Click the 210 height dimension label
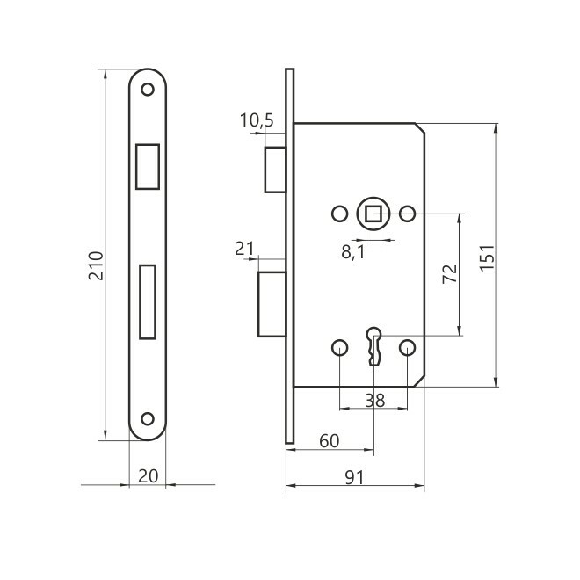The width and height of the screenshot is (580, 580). (x=96, y=265)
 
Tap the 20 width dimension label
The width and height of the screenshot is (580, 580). (x=148, y=476)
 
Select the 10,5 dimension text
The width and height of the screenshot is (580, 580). (x=257, y=120)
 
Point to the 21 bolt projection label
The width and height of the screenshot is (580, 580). (x=244, y=249)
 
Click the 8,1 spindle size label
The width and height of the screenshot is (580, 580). (x=353, y=252)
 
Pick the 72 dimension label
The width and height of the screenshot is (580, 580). (x=450, y=274)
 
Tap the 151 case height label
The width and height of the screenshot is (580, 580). (x=487, y=257)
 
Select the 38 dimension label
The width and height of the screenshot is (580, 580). (x=374, y=400)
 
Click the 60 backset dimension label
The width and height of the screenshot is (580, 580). (x=330, y=441)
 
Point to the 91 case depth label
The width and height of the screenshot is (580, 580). (x=354, y=477)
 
